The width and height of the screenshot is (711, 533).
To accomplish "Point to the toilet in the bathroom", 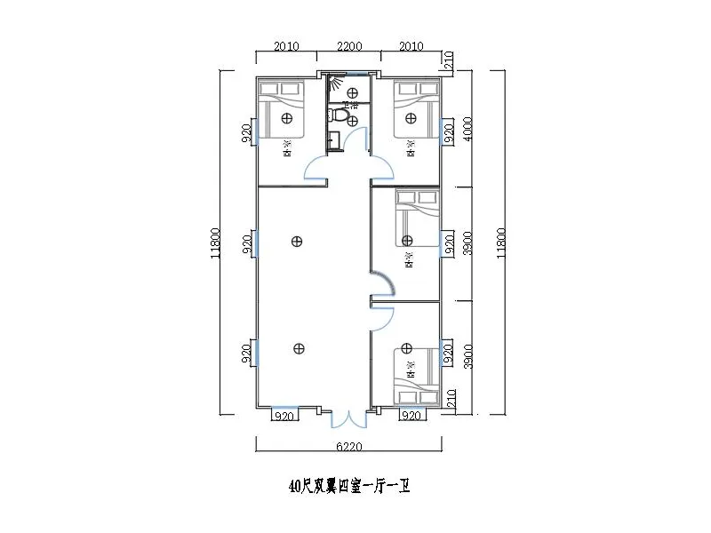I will tap(339, 115).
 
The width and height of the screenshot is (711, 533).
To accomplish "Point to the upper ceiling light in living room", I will tap(296, 240).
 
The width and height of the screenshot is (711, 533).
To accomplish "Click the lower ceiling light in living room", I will tap(296, 349).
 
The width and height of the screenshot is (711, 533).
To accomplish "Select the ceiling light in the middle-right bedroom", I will tap(407, 240).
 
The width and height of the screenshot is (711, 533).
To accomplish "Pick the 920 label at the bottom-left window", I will tap(285, 416).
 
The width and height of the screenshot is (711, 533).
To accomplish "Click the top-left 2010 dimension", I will tap(286, 46).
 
